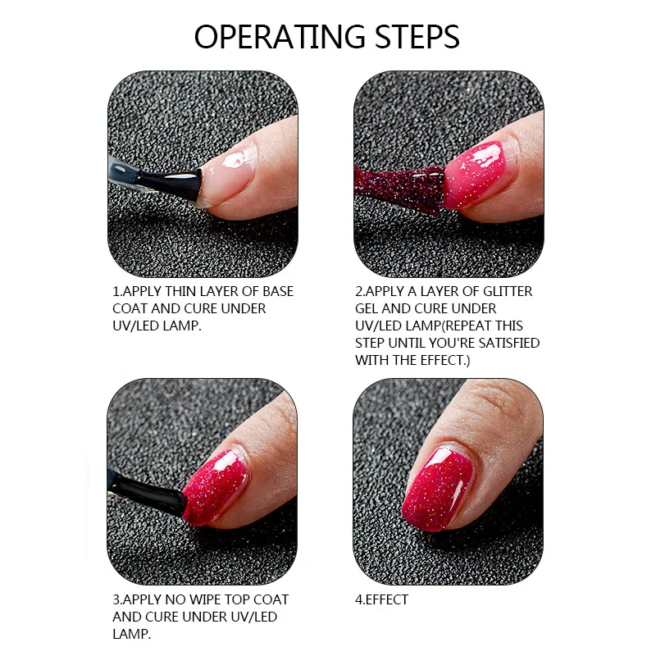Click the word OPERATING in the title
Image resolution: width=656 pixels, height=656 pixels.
pos(280,37)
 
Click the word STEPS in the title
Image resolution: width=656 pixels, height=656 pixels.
pos(417,37)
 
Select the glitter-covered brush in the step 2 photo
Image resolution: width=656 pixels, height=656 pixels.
pos(399,189)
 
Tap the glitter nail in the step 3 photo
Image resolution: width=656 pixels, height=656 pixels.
pos(216,487)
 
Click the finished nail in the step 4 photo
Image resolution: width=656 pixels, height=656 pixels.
pos(438,489)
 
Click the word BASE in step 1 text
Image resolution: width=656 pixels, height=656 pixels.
pos(278,291)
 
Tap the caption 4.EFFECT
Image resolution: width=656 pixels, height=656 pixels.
pos(381,599)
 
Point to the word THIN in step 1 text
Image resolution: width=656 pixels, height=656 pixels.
pos(180,291)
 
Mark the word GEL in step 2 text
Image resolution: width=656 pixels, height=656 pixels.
pos(367,309)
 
